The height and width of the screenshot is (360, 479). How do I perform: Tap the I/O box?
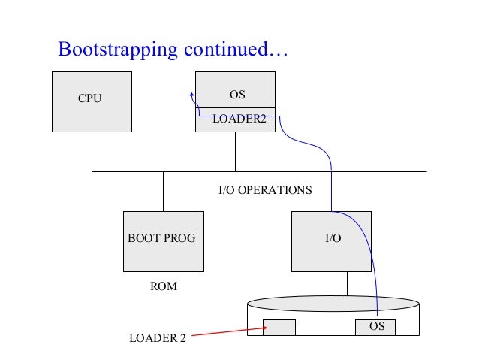pos(332,241)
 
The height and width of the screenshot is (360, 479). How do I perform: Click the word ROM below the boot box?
pos(163,287)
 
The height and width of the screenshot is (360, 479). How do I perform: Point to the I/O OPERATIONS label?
pos(264,190)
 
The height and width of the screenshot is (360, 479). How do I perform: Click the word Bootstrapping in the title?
pos(117,50)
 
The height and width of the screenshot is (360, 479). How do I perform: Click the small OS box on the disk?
pos(375,328)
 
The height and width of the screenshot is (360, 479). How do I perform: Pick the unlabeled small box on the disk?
pos(279,328)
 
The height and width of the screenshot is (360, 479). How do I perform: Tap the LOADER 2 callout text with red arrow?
pos(157,338)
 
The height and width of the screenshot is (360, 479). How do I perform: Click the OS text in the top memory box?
pos(236,95)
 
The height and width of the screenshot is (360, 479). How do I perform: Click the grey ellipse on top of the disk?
pos(333,304)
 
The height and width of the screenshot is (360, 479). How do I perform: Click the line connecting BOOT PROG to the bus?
pos(163,191)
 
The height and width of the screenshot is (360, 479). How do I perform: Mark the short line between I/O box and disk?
pos(347,283)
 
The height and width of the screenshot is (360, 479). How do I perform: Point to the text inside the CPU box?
pos(89,98)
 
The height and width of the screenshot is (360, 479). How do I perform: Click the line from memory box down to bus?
pos(236,151)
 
